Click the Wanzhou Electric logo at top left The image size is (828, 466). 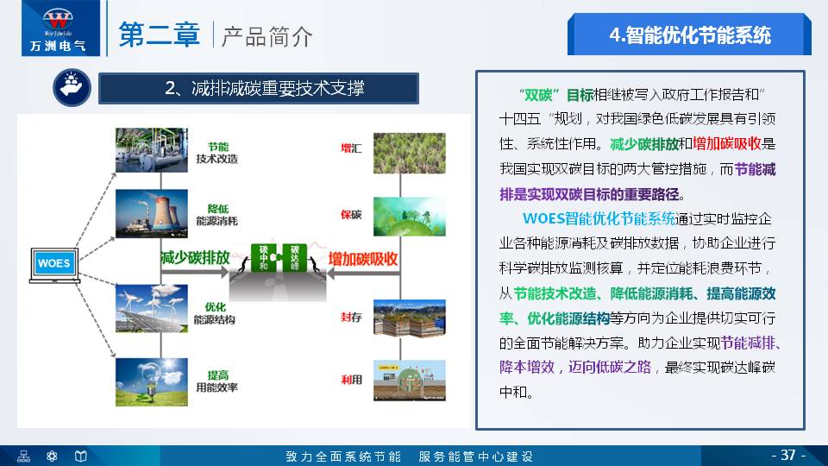[53, 28]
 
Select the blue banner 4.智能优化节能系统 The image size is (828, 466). [689, 35]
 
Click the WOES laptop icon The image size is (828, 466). [53, 263]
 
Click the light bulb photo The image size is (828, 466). [151, 380]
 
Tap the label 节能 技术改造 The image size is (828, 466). [216, 153]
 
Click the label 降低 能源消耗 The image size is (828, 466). [216, 215]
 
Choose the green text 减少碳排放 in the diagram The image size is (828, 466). [195, 258]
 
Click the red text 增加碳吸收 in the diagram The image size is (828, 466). [363, 258]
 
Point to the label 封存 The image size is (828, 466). [351, 317]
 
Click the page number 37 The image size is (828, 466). [787, 455]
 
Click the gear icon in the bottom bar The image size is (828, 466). [52, 456]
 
